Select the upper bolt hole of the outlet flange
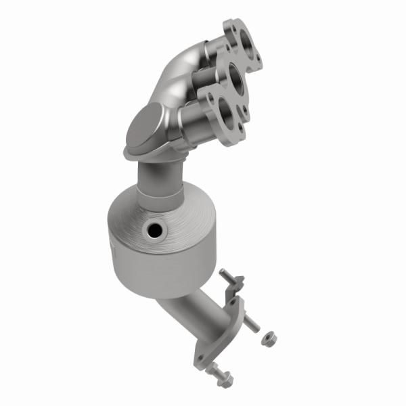(235, 306)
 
